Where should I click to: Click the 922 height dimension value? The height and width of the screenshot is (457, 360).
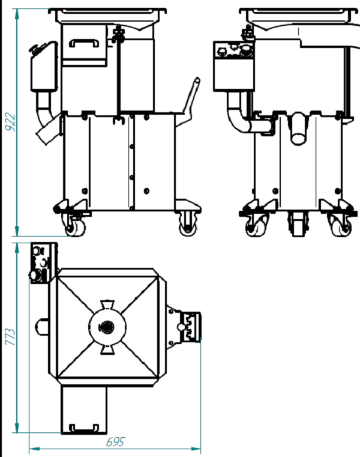[x=10, y=122]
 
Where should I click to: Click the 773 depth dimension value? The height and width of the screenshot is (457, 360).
[x=10, y=337]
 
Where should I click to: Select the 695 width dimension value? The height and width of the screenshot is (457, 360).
[x=115, y=442]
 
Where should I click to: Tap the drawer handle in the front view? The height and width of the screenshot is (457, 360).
[x=84, y=43]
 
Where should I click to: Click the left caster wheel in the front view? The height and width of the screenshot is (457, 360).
[x=74, y=226]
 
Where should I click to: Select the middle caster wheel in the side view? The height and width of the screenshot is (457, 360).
[x=298, y=224]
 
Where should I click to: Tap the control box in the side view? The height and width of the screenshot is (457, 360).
[x=233, y=66]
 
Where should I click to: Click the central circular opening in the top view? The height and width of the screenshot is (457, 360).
[x=107, y=327]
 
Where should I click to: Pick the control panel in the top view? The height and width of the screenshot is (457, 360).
[x=41, y=263]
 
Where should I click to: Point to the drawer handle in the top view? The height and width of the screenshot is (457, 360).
[x=84, y=428]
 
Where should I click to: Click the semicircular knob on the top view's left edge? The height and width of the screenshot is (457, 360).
[x=41, y=327]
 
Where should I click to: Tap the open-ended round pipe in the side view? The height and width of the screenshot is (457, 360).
[x=299, y=129]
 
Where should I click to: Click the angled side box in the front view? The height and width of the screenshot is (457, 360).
[x=44, y=67]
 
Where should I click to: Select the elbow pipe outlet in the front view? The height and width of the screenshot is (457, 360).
[x=47, y=119]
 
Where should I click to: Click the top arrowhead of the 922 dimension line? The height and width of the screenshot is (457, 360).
[x=17, y=14]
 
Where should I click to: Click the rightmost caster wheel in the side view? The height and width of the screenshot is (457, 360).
[x=341, y=225]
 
